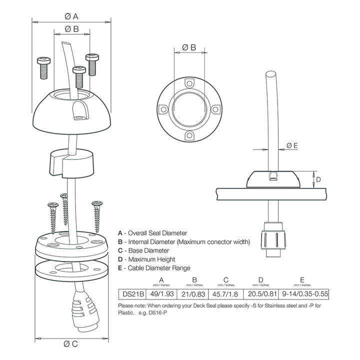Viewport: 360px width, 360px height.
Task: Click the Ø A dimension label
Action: (71, 16)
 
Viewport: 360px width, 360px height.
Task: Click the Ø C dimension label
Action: (71, 344)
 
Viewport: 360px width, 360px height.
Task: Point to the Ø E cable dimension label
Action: (292, 145)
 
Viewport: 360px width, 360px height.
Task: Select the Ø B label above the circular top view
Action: (189, 47)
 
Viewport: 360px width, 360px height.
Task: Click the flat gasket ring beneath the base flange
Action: (71, 267)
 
